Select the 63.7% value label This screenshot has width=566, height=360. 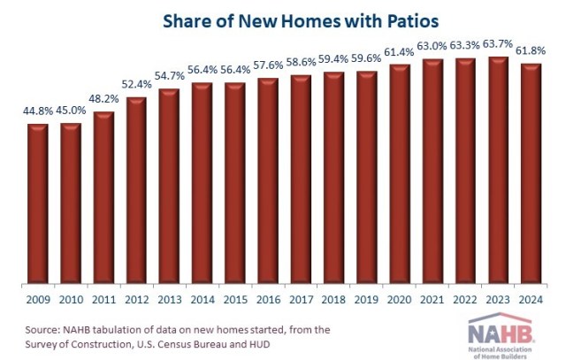click(x=499, y=44)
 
